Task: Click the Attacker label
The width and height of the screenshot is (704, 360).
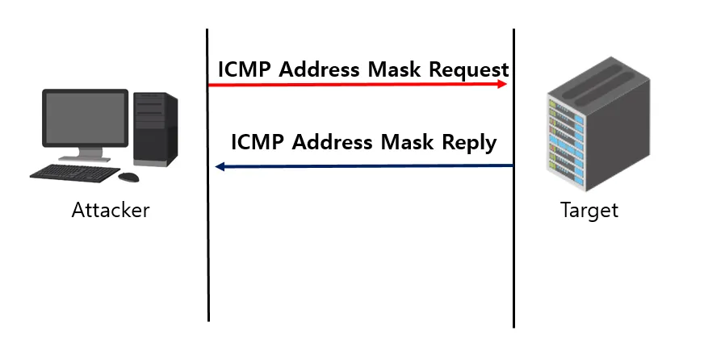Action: click(x=111, y=211)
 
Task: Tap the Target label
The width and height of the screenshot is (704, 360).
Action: click(x=589, y=211)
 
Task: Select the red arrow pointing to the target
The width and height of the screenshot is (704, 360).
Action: click(x=355, y=84)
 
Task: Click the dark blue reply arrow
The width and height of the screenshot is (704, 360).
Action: click(x=363, y=166)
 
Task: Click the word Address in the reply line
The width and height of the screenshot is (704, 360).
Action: click(x=332, y=143)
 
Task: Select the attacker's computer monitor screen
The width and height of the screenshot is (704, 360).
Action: click(x=85, y=117)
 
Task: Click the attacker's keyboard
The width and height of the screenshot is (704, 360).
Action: click(x=72, y=173)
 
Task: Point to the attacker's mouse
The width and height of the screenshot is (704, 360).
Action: click(x=128, y=177)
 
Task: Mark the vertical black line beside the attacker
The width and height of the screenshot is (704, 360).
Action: click(x=207, y=242)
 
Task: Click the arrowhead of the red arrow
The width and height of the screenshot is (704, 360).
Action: click(x=503, y=84)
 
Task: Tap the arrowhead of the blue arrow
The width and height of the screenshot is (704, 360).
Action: click(x=220, y=166)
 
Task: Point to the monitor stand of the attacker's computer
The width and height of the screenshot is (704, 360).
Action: click(x=84, y=154)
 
